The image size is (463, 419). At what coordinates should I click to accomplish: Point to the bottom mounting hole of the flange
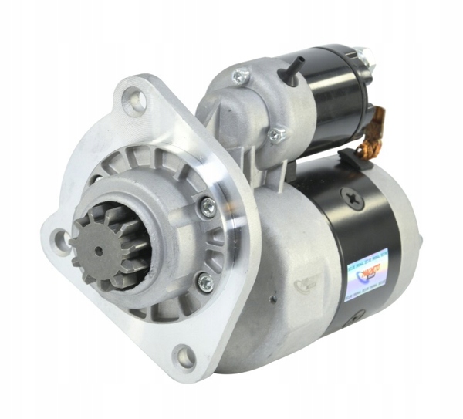185,356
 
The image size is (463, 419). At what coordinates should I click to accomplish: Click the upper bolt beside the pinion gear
208,206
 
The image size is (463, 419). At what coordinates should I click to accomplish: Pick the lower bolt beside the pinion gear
204,282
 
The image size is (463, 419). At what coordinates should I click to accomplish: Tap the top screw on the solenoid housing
241,76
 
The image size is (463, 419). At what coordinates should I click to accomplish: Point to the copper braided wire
373,130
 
